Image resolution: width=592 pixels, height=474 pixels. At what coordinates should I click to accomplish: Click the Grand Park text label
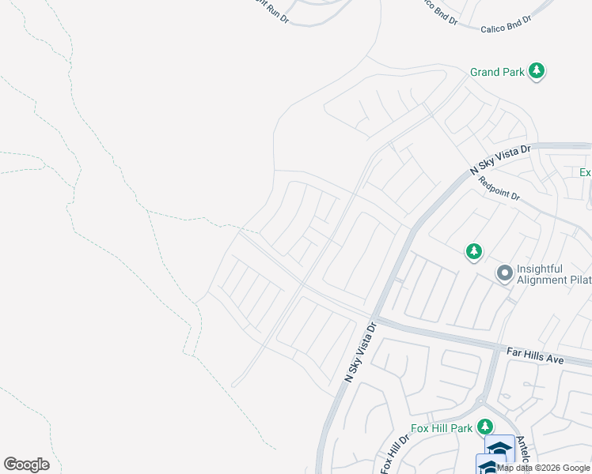(x=497, y=72)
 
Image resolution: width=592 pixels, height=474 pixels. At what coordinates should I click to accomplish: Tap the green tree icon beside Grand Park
(x=537, y=71)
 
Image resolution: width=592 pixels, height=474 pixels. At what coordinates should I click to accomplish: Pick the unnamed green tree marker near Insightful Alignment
(x=473, y=252)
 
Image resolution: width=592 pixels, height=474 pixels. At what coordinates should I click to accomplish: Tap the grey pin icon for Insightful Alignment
(x=504, y=273)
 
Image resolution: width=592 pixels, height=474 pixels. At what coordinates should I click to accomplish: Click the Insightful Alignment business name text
(x=552, y=274)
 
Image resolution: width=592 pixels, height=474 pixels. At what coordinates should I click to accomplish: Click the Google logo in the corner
(x=26, y=465)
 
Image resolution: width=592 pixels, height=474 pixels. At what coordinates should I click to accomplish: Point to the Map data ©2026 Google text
(x=543, y=468)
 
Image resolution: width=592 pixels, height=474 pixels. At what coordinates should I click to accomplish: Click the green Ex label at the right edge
(x=586, y=172)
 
